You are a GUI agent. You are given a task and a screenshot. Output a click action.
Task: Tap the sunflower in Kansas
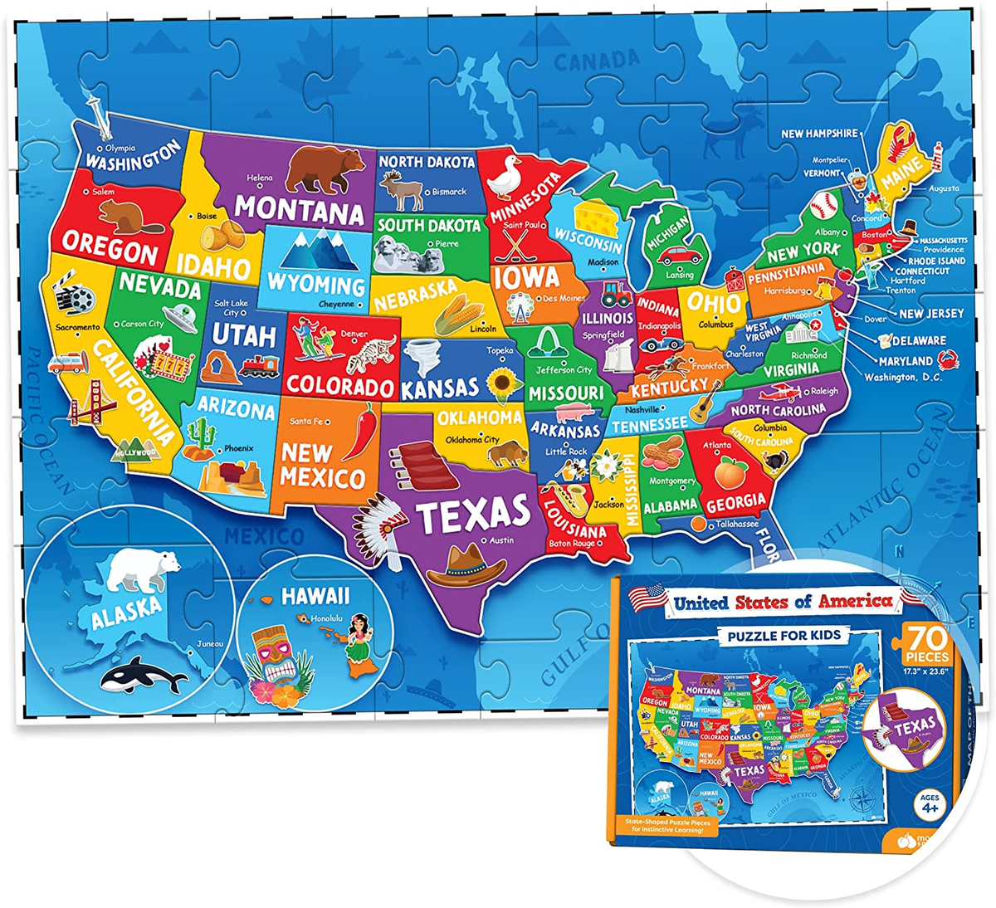[502, 384]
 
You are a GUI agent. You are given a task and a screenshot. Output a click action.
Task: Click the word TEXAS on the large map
[474, 514]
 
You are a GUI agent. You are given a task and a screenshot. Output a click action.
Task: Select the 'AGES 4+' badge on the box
[929, 805]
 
